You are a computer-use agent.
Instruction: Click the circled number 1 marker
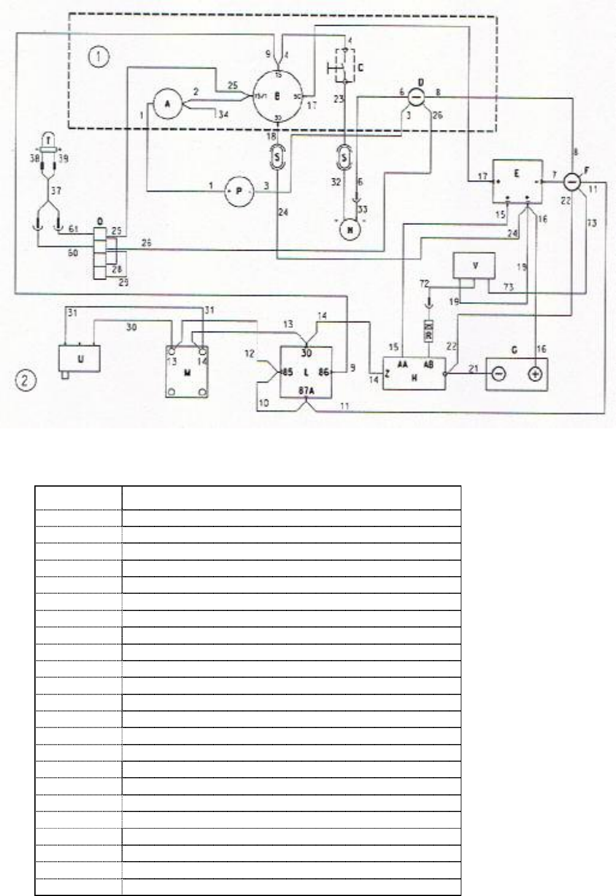[98, 58]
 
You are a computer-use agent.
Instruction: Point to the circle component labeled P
[239, 191]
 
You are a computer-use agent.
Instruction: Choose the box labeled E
[518, 180]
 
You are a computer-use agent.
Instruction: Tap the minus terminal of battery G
[499, 374]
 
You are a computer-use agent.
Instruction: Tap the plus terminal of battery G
[535, 374]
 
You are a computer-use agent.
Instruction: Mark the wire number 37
[56, 192]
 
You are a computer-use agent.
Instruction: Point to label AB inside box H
[429, 363]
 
